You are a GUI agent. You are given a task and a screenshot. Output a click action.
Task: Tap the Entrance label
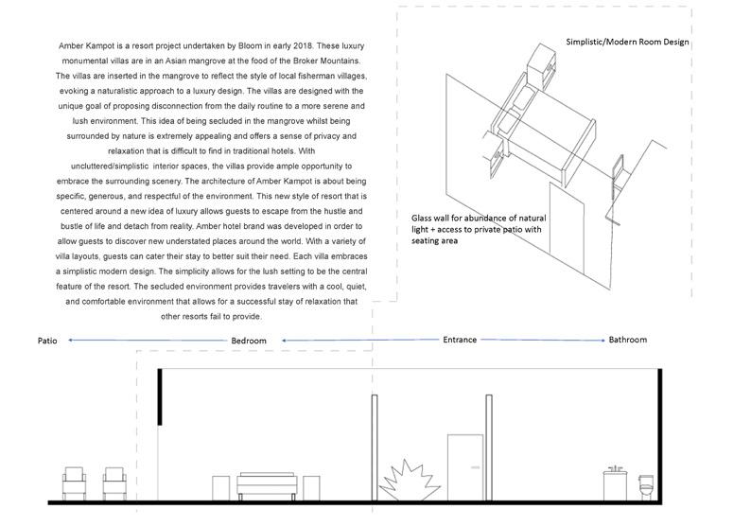(x=460, y=339)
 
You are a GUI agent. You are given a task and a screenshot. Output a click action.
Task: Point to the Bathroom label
(x=628, y=339)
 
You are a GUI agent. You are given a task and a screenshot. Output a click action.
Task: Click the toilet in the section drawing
(x=648, y=489)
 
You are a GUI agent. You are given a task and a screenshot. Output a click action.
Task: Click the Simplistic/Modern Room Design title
(x=627, y=43)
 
